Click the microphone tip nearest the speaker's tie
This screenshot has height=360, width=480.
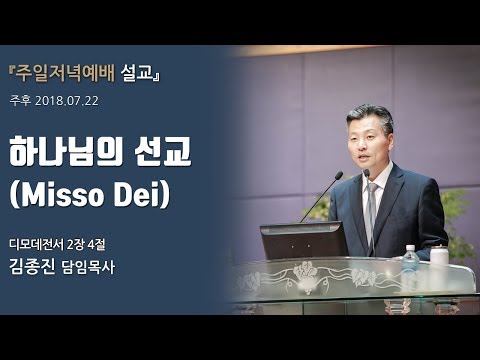[x=366, y=172]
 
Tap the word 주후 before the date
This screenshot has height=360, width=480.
[x=20, y=101]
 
